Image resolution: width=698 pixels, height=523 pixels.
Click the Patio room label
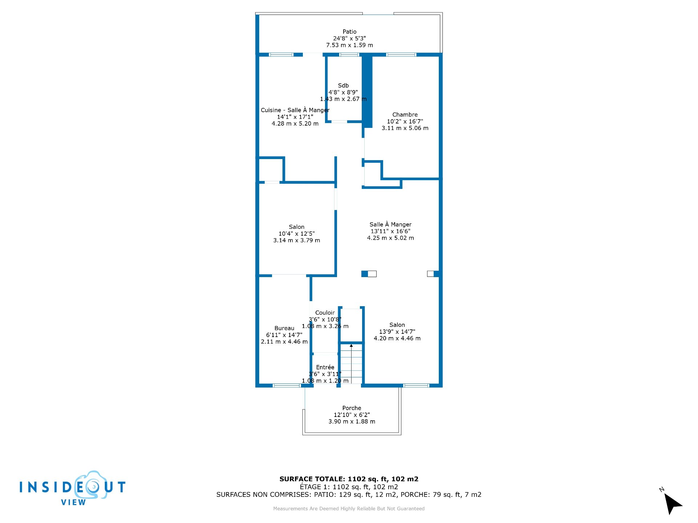(349, 32)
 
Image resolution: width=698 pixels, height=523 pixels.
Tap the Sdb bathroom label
(343, 85)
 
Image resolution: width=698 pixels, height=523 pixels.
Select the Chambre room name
(405, 114)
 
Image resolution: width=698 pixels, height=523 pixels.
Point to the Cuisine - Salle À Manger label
(295, 110)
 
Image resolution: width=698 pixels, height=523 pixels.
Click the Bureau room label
(284, 328)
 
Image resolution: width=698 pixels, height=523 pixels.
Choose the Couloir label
(325, 313)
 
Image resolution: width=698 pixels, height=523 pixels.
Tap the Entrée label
(325, 367)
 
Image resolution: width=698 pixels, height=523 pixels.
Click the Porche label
(352, 408)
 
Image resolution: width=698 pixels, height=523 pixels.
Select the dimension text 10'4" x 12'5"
(297, 234)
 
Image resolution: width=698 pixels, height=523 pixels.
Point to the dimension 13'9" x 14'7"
(397, 332)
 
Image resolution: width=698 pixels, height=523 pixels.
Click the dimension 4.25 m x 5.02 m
(390, 238)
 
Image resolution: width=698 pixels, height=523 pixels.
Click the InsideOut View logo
(73, 488)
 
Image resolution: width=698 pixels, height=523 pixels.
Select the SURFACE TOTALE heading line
(349, 479)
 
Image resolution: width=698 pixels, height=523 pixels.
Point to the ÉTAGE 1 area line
(349, 487)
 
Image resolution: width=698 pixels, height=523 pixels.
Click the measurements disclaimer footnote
(349, 508)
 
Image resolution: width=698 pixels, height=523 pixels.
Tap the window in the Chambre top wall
(401, 55)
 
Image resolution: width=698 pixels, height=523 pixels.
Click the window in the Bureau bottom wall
(286, 385)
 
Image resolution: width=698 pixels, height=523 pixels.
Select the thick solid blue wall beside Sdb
(368, 91)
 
